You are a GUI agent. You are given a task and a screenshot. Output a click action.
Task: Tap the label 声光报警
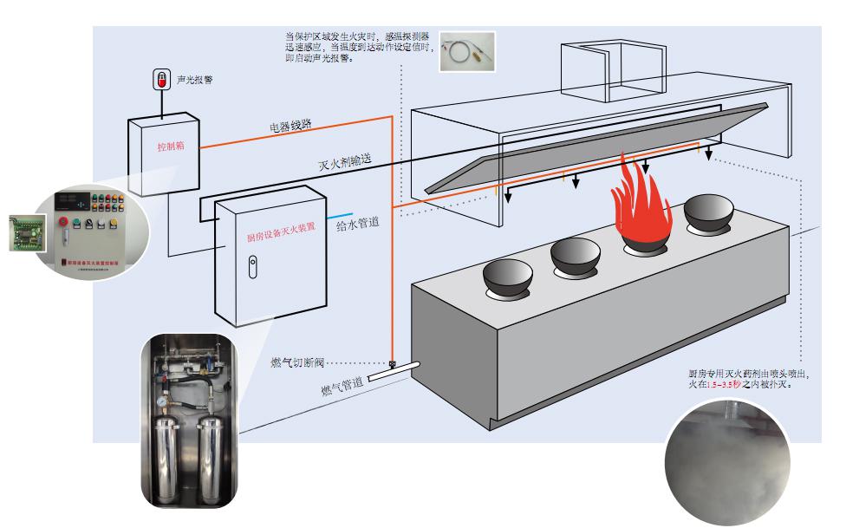pyautogui.click(x=194, y=79)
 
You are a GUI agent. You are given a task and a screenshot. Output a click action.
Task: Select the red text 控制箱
pyautogui.click(x=170, y=147)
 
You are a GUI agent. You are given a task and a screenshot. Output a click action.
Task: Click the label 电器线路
pyautogui.click(x=290, y=127)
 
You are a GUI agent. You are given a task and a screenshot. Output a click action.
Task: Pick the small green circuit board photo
pyautogui.click(x=23, y=233)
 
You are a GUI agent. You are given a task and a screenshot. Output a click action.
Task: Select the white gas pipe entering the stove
pyautogui.click(x=391, y=372)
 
